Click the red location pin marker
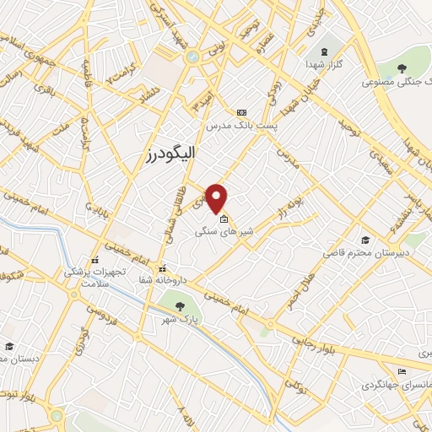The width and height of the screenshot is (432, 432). coord(218,198)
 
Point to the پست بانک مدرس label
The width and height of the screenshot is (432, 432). coord(240,125)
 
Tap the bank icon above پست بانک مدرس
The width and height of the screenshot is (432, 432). coord(242,111)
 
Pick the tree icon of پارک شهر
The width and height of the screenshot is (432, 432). coord(179,305)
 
